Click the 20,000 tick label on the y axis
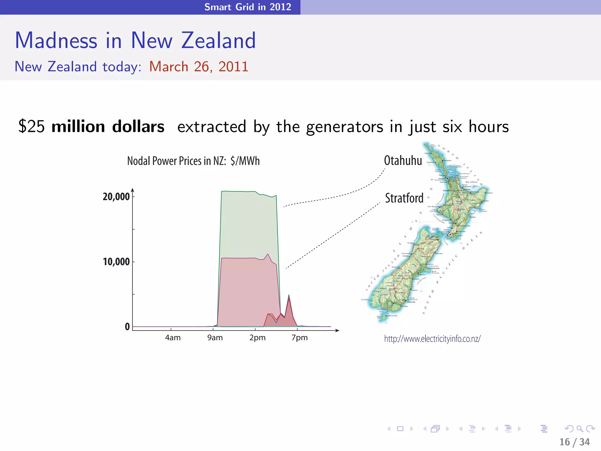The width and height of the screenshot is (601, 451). pyautogui.click(x=116, y=196)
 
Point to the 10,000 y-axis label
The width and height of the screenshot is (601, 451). pyautogui.click(x=116, y=262)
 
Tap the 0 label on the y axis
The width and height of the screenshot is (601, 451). pyautogui.click(x=127, y=327)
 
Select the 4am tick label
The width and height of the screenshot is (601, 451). pyautogui.click(x=173, y=338)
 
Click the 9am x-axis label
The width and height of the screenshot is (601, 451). pyautogui.click(x=215, y=338)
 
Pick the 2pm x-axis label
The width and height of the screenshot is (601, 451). pyautogui.click(x=257, y=338)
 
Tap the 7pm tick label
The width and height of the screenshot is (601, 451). pyautogui.click(x=300, y=338)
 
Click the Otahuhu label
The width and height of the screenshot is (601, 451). pyautogui.click(x=403, y=161)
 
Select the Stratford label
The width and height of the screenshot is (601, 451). pyautogui.click(x=404, y=198)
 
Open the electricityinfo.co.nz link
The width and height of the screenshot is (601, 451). pyautogui.click(x=432, y=339)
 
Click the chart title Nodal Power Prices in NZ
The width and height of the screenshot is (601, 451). pyautogui.click(x=193, y=161)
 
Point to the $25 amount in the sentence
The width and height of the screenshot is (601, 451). pyautogui.click(x=31, y=127)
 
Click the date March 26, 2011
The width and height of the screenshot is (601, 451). pyautogui.click(x=199, y=66)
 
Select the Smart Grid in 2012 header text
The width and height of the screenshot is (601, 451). pyautogui.click(x=248, y=7)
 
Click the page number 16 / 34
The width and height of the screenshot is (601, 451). pyautogui.click(x=574, y=442)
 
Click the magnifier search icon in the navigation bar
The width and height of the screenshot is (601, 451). pyautogui.click(x=580, y=429)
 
